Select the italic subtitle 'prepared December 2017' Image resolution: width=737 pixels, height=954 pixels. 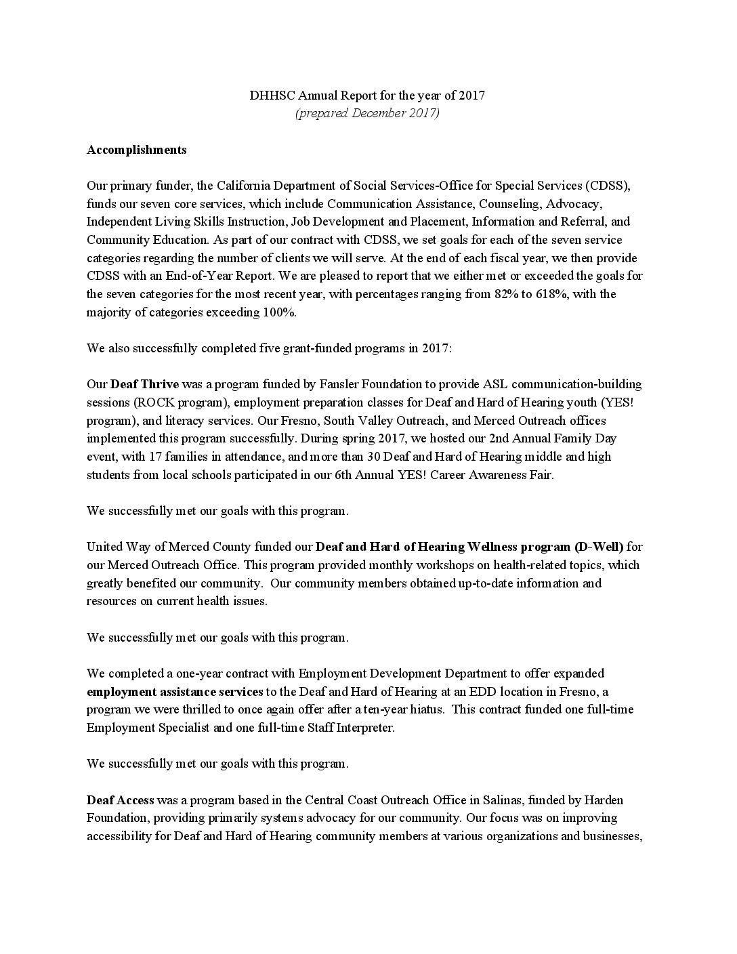point(367,113)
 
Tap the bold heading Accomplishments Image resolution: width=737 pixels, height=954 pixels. point(136,150)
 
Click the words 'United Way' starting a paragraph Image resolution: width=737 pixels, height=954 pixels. point(116,547)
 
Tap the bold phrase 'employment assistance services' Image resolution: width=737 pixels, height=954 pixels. point(175,692)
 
